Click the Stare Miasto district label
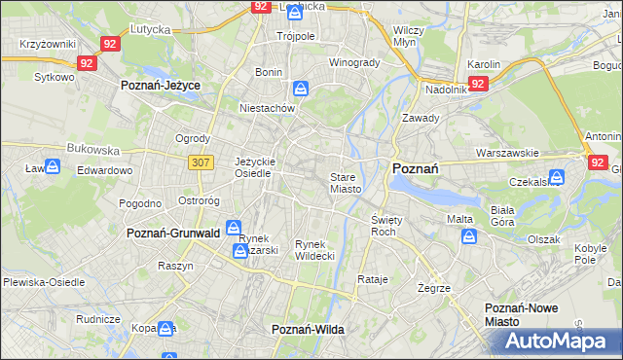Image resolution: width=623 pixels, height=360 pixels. (346, 183)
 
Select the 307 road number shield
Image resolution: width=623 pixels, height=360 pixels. (201, 162)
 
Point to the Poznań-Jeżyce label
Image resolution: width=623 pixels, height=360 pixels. (161, 86)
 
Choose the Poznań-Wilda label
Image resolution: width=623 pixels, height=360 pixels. (309, 330)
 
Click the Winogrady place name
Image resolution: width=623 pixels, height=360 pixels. (354, 63)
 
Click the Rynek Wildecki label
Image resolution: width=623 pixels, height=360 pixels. (315, 249)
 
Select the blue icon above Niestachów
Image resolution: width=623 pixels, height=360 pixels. (304, 90)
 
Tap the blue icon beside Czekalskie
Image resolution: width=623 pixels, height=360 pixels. (557, 178)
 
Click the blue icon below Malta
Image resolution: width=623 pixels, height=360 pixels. (470, 236)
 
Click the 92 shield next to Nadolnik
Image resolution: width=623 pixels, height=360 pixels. (477, 85)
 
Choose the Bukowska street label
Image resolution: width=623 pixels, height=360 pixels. (92, 151)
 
